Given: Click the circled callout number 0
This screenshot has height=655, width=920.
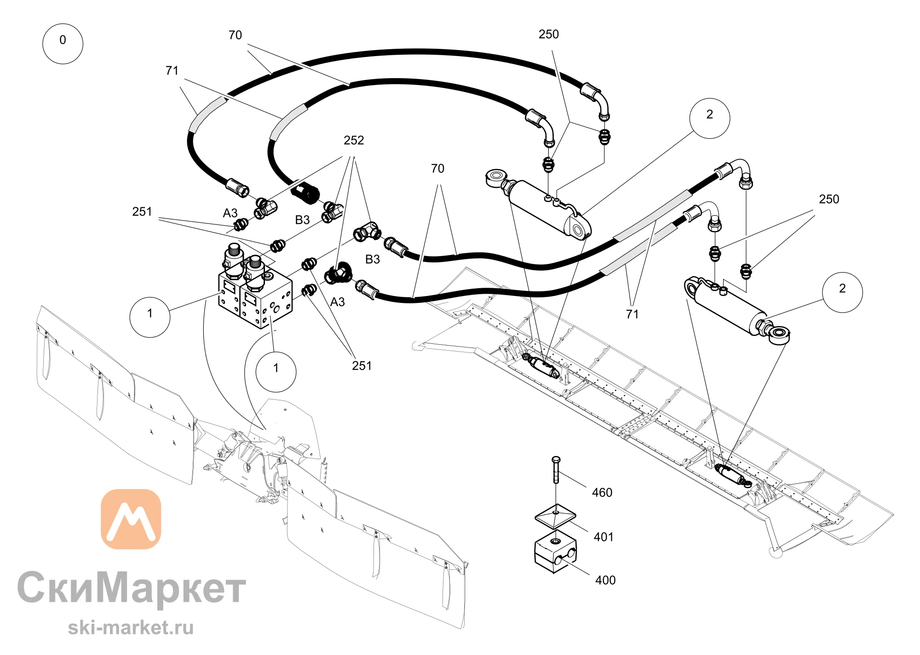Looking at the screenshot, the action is pyautogui.click(x=63, y=44).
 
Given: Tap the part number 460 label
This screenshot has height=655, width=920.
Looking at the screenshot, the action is pyautogui.click(x=602, y=493).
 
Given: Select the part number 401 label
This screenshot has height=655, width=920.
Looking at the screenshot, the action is pyautogui.click(x=604, y=537).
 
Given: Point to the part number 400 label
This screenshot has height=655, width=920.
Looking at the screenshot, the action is pyautogui.click(x=605, y=580).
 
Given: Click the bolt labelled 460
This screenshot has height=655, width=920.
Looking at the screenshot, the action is pyautogui.click(x=556, y=470).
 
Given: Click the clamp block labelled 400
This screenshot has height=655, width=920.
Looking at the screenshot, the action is pyautogui.click(x=556, y=552).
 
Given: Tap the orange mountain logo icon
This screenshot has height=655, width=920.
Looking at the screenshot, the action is pyautogui.click(x=131, y=519).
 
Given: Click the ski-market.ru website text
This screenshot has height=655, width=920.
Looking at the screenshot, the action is pyautogui.click(x=131, y=627).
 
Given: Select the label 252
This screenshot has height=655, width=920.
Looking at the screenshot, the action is pyautogui.click(x=354, y=140).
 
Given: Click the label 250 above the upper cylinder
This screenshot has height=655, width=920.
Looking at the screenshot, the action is pyautogui.click(x=549, y=34).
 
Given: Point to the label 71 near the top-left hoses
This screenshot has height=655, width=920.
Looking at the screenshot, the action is pyautogui.click(x=172, y=70).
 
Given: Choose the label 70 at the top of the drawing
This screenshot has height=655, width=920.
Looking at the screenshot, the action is pyautogui.click(x=235, y=35).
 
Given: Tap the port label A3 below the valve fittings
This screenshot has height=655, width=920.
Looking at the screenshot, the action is pyautogui.click(x=337, y=302).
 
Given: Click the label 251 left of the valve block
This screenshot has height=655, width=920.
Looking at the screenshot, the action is pyautogui.click(x=142, y=211).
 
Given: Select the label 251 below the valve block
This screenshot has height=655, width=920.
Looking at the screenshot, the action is pyautogui.click(x=362, y=365).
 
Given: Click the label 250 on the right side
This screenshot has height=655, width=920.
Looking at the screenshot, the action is pyautogui.click(x=829, y=199).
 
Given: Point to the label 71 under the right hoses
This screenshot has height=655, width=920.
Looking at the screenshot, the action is pyautogui.click(x=632, y=314).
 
